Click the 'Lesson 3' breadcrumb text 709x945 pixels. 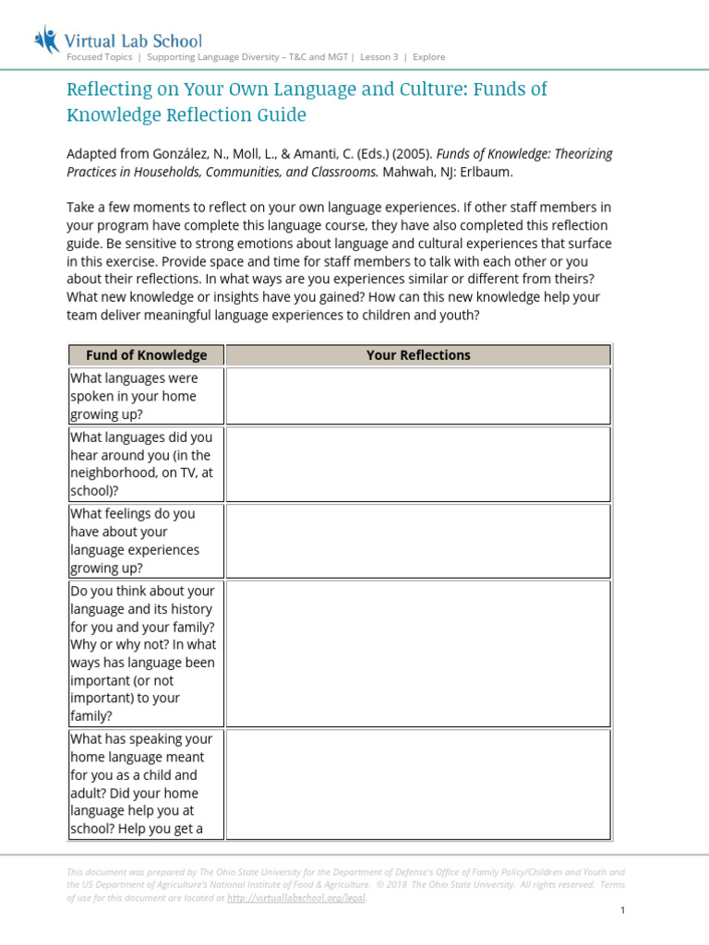pos(379,57)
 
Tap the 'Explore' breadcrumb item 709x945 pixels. pos(428,57)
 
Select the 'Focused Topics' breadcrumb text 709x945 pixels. pos(99,57)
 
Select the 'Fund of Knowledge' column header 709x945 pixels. pos(146,355)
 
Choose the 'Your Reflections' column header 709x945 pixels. pos(417,355)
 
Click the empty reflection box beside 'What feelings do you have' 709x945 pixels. pos(417,541)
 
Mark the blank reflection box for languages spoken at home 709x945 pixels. pos(417,396)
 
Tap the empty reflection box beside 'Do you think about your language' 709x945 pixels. pos(417,652)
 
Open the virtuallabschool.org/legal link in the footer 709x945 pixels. pos(295,897)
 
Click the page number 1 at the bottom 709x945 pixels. pos(623,911)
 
